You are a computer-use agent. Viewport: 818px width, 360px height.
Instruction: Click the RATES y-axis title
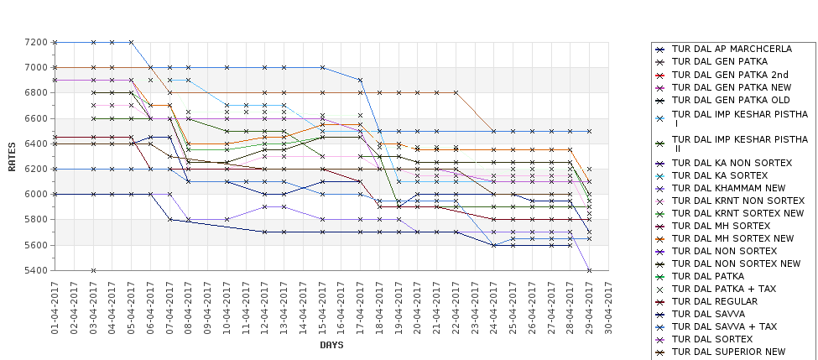point(12,156)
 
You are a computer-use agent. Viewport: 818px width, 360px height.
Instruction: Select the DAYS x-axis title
point(331,345)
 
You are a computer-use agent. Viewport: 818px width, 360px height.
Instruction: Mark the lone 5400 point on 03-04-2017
point(93,270)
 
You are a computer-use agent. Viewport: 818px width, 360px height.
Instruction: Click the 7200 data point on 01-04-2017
point(55,42)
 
